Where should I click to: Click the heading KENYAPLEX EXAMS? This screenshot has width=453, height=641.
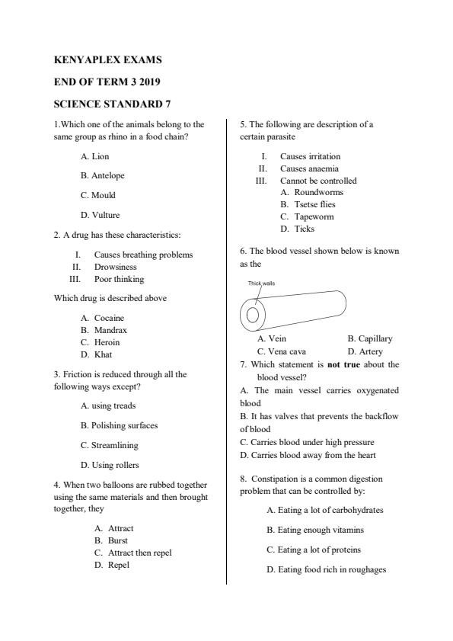pos(108,59)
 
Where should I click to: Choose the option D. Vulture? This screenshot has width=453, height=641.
pos(100,215)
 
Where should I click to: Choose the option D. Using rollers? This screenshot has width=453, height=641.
pos(110,465)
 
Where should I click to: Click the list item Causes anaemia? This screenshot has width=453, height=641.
pos(309,168)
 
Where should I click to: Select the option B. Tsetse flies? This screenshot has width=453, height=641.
pos(308,204)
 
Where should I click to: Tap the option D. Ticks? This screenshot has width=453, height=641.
pos(297,229)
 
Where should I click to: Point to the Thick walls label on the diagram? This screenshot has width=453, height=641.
pos(261,284)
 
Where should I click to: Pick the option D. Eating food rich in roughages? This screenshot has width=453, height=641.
pos(327,569)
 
